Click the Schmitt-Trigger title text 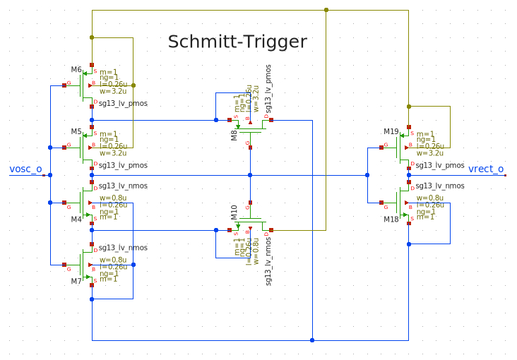click(x=237, y=42)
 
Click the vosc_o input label click(x=25, y=169)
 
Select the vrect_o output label click(x=486, y=169)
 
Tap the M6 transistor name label click(x=76, y=69)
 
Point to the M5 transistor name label click(x=76, y=132)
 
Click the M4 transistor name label click(x=76, y=220)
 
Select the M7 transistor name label click(x=76, y=282)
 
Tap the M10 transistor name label click(x=234, y=212)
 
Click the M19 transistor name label click(x=391, y=132)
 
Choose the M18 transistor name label click(x=391, y=220)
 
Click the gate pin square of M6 click(x=64, y=85)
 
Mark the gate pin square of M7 click(x=64, y=265)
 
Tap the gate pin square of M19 click(x=382, y=148)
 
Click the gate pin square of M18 click(x=382, y=203)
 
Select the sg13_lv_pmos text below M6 click(x=123, y=103)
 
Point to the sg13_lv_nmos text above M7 click(x=123, y=248)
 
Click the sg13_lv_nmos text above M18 click(x=440, y=186)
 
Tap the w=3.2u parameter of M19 click(x=430, y=152)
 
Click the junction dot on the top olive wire click(x=326, y=10)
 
